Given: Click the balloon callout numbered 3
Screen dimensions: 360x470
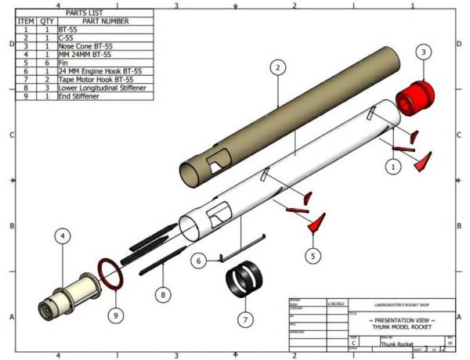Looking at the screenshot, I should point(423,52).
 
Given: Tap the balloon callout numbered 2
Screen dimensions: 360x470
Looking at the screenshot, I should point(277,68).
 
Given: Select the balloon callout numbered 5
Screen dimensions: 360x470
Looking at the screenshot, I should point(313,255).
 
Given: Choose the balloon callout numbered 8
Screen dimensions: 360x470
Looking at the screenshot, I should point(163,295).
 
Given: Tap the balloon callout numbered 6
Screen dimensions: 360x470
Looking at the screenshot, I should point(200,260).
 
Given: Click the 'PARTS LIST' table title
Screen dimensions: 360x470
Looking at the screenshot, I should point(87,13).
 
